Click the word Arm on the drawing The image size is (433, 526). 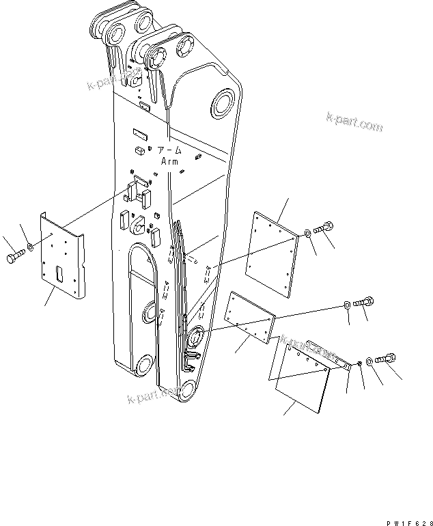[169, 161]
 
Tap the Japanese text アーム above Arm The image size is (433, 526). [169, 150]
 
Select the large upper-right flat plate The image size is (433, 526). [273, 252]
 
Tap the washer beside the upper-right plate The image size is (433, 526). [309, 234]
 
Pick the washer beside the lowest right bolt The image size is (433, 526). [369, 361]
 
